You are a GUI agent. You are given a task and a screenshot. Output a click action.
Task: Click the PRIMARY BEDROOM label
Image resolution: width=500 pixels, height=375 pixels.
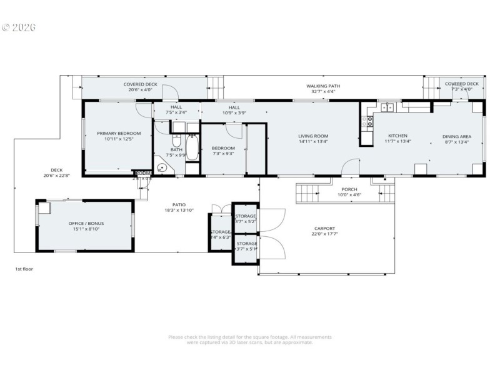pos(119,133)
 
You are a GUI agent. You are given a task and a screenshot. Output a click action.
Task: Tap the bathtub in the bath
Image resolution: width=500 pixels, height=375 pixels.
pos(192,149)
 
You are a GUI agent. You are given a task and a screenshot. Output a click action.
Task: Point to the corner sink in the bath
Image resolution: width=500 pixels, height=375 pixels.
pos(162,168)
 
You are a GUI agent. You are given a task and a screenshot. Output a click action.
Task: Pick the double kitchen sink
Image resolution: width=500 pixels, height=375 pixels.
pos(388,107)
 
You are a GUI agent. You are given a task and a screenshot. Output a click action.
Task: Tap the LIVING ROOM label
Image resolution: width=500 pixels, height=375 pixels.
pos(312,136)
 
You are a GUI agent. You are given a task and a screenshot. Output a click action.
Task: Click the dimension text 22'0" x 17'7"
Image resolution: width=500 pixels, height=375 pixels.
pos(324,235)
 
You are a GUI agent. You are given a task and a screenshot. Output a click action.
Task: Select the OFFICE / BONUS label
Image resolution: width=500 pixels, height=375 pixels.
pos(86,223)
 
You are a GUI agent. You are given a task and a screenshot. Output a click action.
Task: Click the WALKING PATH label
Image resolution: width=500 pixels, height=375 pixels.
pos(322,86)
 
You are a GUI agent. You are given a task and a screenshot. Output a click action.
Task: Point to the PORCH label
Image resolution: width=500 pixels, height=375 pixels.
pos(349,189)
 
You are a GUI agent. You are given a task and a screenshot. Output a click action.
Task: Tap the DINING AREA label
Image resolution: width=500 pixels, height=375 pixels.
pos(457,136)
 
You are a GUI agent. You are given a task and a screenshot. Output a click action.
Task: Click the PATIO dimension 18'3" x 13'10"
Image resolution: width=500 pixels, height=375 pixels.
pos(179,211)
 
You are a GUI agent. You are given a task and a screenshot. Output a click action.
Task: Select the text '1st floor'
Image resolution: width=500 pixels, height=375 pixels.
pos(24,269)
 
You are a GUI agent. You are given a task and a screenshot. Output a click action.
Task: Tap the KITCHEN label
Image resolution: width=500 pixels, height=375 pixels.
pos(397,136)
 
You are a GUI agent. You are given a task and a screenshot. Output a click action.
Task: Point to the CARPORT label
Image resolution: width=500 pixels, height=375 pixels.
pos(324,229)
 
